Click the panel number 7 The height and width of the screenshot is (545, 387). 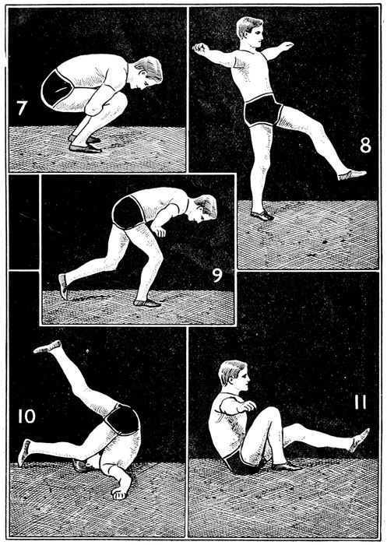pos(22,108)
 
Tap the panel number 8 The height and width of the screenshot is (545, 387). pos(365,146)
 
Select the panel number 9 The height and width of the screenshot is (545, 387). pos(217,275)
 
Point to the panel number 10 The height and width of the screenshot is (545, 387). pos(26,416)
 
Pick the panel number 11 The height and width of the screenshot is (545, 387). pos(361,403)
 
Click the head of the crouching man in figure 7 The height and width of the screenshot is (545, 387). pos(146,74)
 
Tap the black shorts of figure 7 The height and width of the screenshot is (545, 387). pos(58,88)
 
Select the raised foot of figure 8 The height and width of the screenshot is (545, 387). pos(351,174)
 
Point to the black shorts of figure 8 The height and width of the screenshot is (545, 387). pos(263,110)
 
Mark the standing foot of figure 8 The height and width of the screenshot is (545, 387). pos(262,215)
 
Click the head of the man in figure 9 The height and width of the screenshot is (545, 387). pos(205,209)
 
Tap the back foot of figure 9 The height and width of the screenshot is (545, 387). pos(63,287)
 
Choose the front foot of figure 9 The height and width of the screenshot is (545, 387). pos(147,303)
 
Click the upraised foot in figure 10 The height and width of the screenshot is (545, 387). pos(47,346)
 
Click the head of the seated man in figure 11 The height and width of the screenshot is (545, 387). pos(234,377)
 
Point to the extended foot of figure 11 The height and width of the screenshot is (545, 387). pos(359,440)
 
